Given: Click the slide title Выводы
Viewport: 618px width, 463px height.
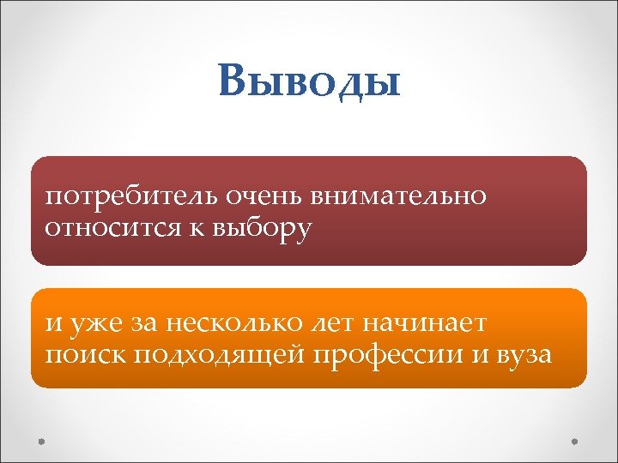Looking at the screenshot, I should (309, 83).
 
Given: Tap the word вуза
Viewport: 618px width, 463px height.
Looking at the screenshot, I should (521, 354).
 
